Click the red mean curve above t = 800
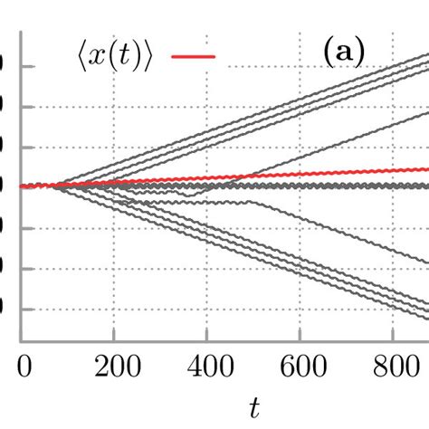click(393, 171)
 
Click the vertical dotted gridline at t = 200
click(114, 272)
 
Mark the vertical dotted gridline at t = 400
click(207, 272)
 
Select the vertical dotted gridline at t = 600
click(300, 272)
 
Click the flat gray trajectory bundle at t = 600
click(300, 186)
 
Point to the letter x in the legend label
click(103, 57)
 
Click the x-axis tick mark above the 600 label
click(300, 338)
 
